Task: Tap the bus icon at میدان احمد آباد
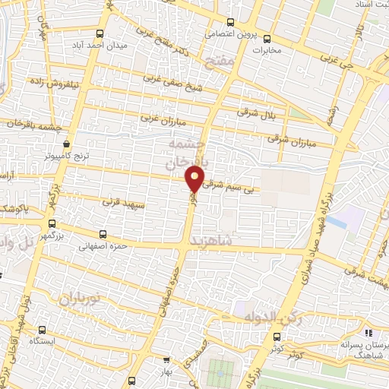[100, 33]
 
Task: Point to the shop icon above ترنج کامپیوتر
[67, 144]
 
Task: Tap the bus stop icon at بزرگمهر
[52, 224]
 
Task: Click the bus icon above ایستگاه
[42, 330]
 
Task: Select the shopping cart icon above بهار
[166, 360]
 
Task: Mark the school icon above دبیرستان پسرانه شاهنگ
[368, 333]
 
